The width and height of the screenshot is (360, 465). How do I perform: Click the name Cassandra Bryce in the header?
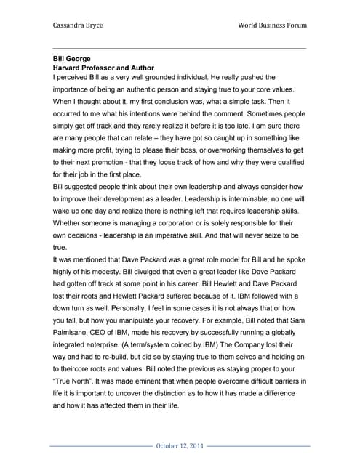(78, 25)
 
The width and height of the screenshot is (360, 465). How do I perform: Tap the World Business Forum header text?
(272, 25)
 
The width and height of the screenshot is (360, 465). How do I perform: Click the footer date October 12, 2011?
(180, 445)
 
